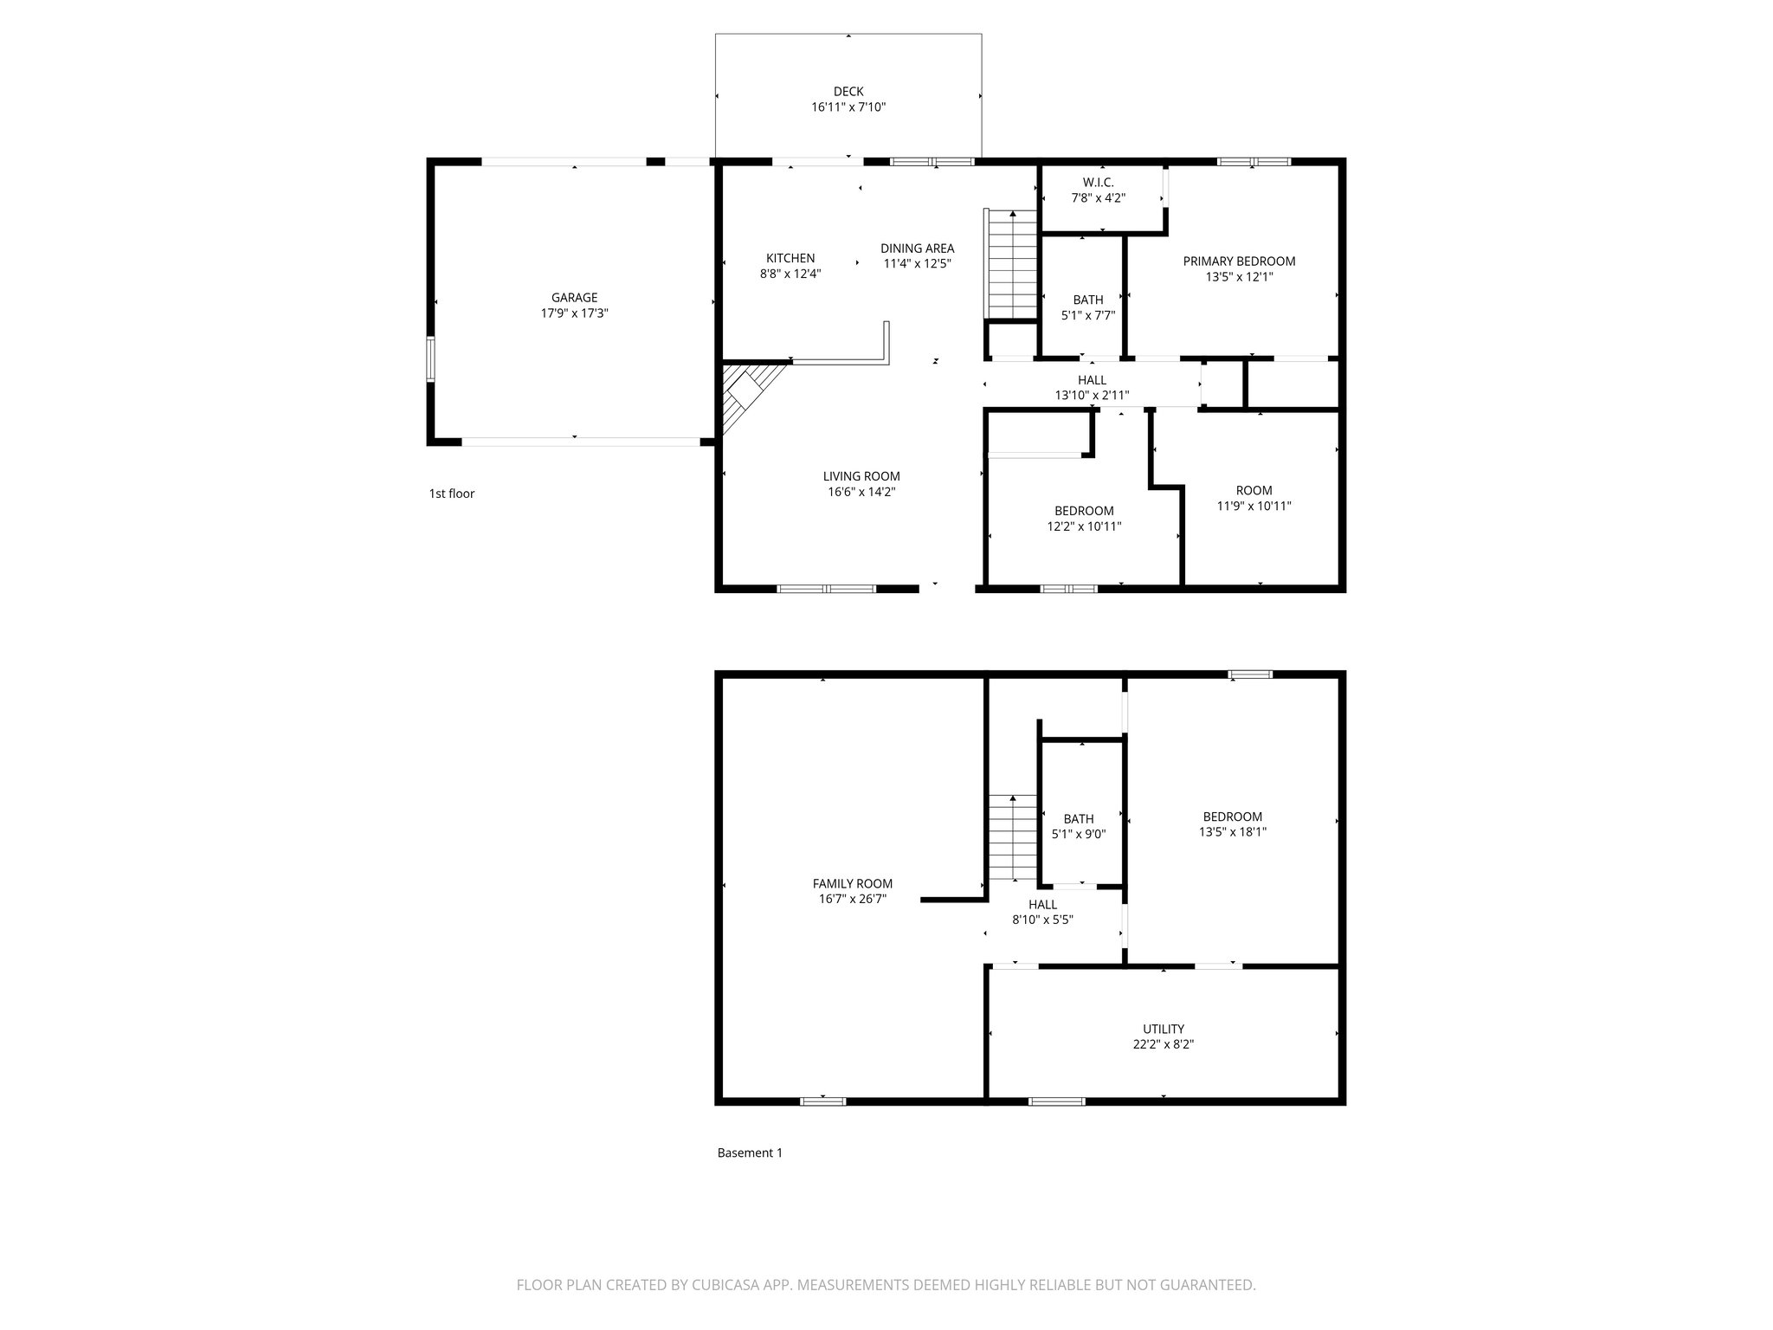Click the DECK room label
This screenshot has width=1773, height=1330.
point(848,92)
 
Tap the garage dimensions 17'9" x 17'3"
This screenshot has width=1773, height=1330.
point(574,314)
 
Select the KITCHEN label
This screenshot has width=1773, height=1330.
point(790,258)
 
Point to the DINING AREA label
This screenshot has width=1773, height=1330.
point(917,249)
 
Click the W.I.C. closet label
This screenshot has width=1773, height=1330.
point(1098,182)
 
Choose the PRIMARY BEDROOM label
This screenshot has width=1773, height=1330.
point(1239,261)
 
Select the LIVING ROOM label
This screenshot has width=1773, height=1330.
point(861,476)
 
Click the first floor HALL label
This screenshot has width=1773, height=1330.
point(1092,380)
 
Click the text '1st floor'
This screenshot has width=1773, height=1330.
point(452,494)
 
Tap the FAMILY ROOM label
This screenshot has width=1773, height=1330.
point(852,884)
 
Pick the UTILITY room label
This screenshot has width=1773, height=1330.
point(1163,1030)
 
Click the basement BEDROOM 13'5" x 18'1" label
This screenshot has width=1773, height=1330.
point(1232,817)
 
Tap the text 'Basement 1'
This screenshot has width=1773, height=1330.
point(750,1152)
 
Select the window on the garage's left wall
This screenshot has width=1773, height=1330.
point(430,359)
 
